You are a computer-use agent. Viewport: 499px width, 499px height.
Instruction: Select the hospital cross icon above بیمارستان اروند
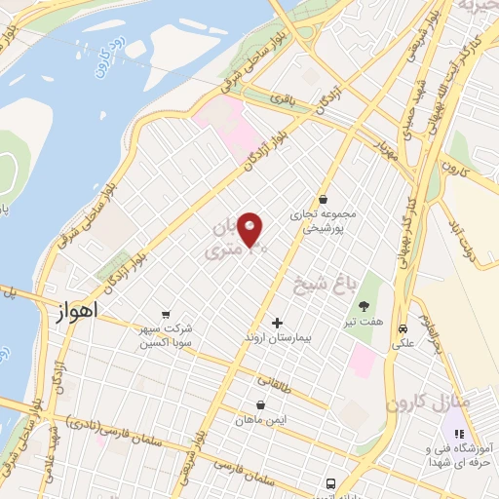pos(277,323)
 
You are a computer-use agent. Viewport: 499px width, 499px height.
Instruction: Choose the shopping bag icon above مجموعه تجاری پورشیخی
pos(323,199)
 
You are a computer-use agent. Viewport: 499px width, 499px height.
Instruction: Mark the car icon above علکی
pos(402,327)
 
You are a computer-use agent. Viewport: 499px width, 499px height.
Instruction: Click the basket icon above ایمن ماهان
pos(260,404)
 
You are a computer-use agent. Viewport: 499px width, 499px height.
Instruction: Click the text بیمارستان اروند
pos(277,339)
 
